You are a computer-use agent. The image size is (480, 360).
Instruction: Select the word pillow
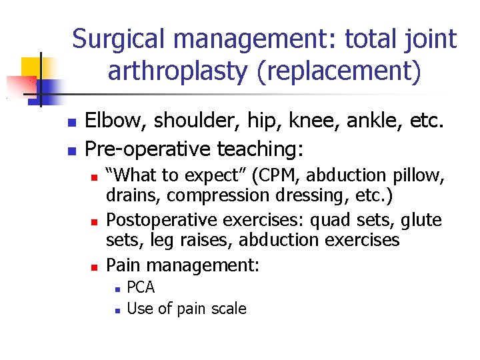(417, 175)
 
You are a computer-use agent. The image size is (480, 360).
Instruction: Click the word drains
(133, 195)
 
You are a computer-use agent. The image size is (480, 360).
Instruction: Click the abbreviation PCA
(140, 287)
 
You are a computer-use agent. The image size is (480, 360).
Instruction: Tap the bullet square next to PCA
(116, 289)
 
